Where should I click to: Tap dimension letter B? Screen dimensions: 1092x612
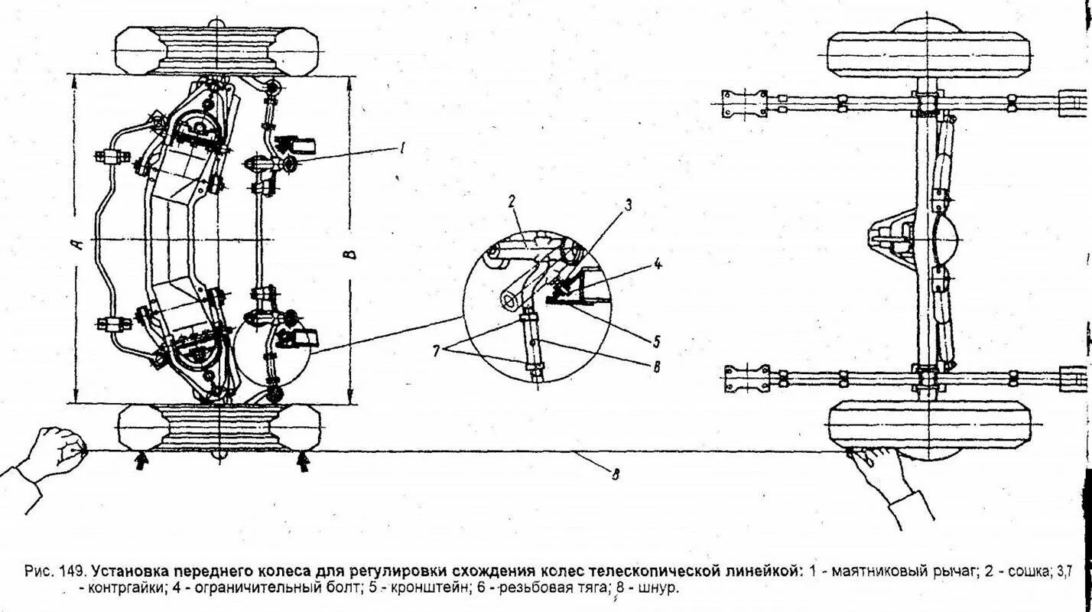coord(362,252)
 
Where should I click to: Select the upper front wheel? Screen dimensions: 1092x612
coord(217,50)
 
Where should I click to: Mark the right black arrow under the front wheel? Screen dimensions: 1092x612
coord(303,461)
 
